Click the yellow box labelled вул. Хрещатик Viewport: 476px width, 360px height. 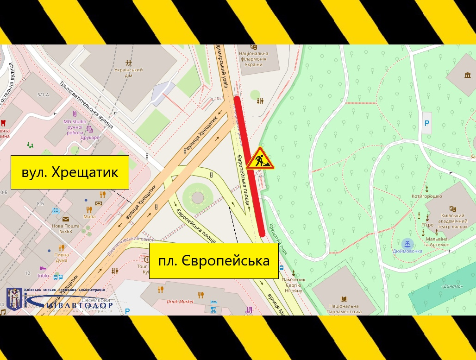(x=69, y=172)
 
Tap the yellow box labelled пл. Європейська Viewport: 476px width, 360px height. (x=213, y=261)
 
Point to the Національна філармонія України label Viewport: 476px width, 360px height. (x=253, y=59)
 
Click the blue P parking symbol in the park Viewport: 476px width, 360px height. (x=427, y=123)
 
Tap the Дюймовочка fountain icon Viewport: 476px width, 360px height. (x=407, y=244)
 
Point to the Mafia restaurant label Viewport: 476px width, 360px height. (x=89, y=216)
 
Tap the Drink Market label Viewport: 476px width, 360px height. (x=180, y=302)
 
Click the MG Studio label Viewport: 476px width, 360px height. (x=75, y=122)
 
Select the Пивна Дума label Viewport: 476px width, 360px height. (x=62, y=257)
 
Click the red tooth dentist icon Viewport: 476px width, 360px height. (x=3, y=124)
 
